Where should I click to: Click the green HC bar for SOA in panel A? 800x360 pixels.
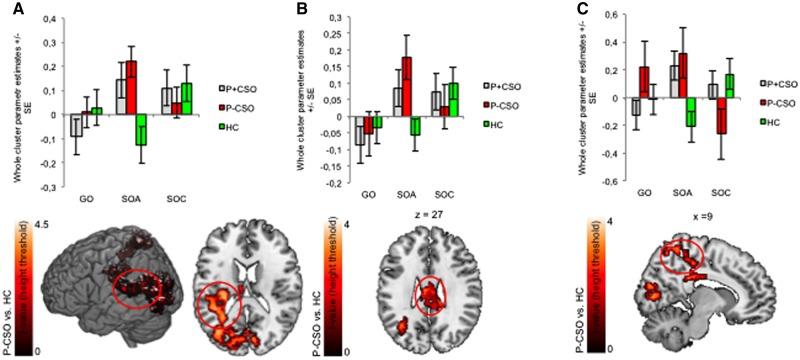coord(141,130)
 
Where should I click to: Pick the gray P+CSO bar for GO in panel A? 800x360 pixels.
coord(75,127)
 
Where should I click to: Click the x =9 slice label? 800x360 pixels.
coord(696,216)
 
